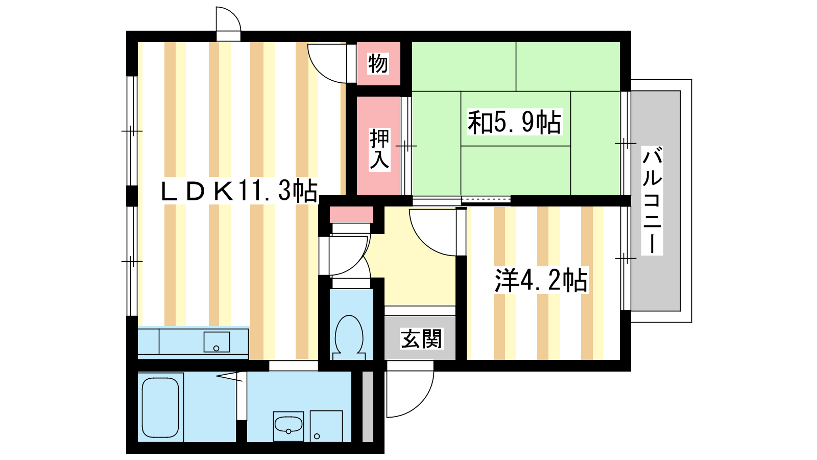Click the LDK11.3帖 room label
pos(239,190)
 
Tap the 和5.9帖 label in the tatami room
pos(514,122)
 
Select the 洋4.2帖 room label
pos(541,280)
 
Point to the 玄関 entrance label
pos(421,338)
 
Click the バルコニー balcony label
pos(652,200)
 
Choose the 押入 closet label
pos(379,149)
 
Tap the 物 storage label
pos(378,64)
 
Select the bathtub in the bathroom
pos(160,407)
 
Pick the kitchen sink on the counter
pos(217,342)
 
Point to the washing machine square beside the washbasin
pos(326,426)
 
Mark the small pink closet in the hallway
pos(352,215)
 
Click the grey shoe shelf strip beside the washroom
pos(368,407)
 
